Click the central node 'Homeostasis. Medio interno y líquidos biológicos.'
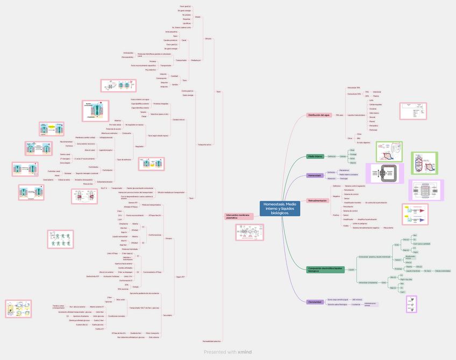click(x=279, y=209)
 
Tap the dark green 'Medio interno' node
click(x=315, y=156)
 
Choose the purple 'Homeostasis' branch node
click(x=315, y=176)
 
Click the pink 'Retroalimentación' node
click(x=317, y=200)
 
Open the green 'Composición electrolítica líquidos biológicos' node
click(x=325, y=269)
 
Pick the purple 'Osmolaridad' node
click(x=315, y=302)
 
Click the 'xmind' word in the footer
click(x=245, y=352)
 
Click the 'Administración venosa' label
click(x=371, y=304)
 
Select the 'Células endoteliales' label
click(x=443, y=271)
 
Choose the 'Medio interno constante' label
click(x=348, y=175)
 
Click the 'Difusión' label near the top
click(x=208, y=39)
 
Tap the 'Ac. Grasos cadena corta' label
click(x=182, y=27)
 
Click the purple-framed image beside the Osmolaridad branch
click(x=412, y=304)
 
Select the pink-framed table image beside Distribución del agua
click(x=412, y=111)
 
